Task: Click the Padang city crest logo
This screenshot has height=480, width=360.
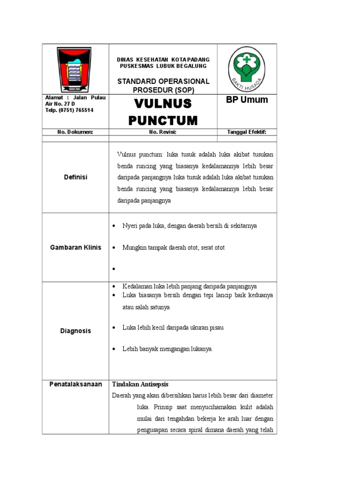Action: click(x=75, y=69)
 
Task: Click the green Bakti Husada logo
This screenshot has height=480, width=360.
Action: click(x=246, y=69)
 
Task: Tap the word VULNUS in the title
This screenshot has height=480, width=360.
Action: click(x=163, y=104)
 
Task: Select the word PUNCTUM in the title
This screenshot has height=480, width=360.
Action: click(x=163, y=120)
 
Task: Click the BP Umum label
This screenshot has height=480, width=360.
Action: click(x=247, y=100)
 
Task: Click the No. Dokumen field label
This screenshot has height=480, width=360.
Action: click(x=75, y=132)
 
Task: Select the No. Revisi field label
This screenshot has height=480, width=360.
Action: click(x=163, y=132)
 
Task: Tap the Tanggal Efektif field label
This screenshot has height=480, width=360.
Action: click(x=247, y=132)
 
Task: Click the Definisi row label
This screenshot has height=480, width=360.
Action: click(x=75, y=177)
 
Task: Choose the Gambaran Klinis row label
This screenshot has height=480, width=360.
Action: click(x=75, y=247)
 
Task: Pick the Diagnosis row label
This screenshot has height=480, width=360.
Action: click(x=75, y=331)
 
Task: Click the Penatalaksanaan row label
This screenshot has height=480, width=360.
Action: click(x=75, y=384)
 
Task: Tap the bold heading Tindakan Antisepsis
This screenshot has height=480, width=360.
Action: click(x=139, y=384)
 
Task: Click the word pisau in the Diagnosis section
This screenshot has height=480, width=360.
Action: click(x=216, y=328)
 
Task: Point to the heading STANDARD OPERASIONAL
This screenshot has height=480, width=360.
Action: click(x=163, y=82)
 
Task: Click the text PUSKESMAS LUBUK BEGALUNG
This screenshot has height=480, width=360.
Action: click(x=163, y=66)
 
